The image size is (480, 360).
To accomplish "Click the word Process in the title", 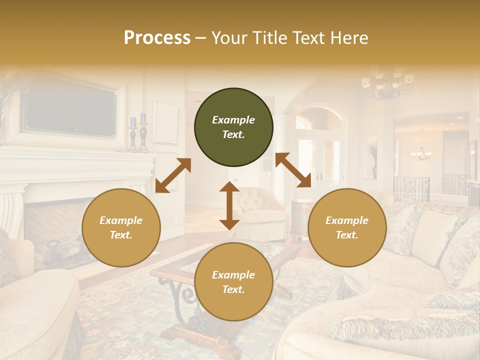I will (157, 38).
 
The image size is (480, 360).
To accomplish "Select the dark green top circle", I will (233, 127).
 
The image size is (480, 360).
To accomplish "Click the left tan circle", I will (121, 227).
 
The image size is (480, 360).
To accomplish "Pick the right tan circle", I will (347, 227).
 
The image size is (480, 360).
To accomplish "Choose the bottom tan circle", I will (233, 282).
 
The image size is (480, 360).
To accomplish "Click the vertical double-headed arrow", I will (229, 205).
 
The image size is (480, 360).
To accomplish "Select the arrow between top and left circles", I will (173, 175).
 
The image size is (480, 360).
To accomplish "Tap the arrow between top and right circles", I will (293, 170).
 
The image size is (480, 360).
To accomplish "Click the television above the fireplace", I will (70, 112).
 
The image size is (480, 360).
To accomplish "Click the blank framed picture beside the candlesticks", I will (165, 122).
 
